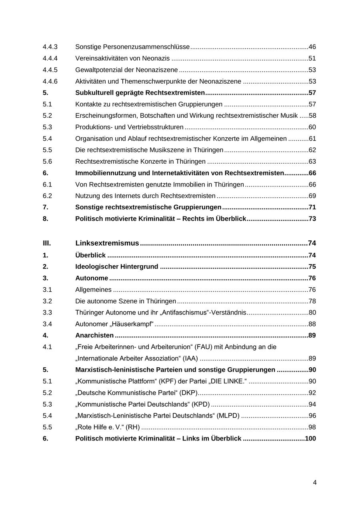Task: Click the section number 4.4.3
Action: click(x=50, y=47)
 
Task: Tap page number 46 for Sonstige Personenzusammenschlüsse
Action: click(x=312, y=47)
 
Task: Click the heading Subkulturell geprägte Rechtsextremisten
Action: click(x=140, y=93)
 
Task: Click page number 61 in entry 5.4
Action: click(x=312, y=139)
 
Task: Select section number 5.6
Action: click(x=47, y=162)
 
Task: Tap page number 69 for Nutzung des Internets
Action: click(x=312, y=196)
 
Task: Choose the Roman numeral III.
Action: click(x=47, y=243)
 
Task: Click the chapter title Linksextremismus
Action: click(x=107, y=243)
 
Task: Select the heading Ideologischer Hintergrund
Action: click(x=116, y=267)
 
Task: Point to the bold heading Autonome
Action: click(x=92, y=278)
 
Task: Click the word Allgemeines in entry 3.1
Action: click(x=93, y=290)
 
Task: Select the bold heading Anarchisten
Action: click(x=94, y=335)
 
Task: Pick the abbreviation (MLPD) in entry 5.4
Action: click(x=228, y=416)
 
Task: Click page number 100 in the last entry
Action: click(x=310, y=439)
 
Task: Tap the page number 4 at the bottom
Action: click(x=314, y=483)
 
